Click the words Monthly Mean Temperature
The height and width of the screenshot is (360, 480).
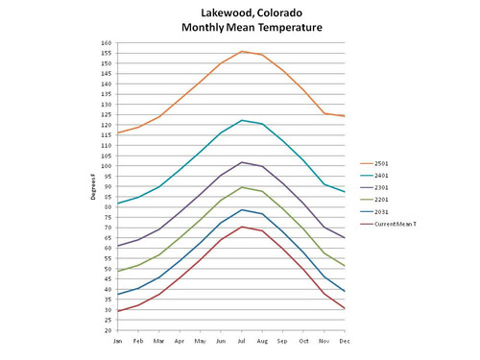point(252,27)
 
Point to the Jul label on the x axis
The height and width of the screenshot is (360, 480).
point(242,339)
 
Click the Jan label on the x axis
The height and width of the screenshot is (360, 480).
point(117,339)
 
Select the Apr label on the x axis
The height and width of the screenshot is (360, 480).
point(180,339)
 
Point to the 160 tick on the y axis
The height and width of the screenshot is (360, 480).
point(107,43)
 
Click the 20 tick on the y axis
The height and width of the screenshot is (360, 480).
point(108,330)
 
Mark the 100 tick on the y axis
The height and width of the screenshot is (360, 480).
point(107,166)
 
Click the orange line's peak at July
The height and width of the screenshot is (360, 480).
point(242,51)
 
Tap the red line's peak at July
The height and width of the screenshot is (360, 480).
point(242,227)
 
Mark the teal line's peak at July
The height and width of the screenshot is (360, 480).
point(242,120)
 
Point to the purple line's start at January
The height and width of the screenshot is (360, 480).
point(117,246)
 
